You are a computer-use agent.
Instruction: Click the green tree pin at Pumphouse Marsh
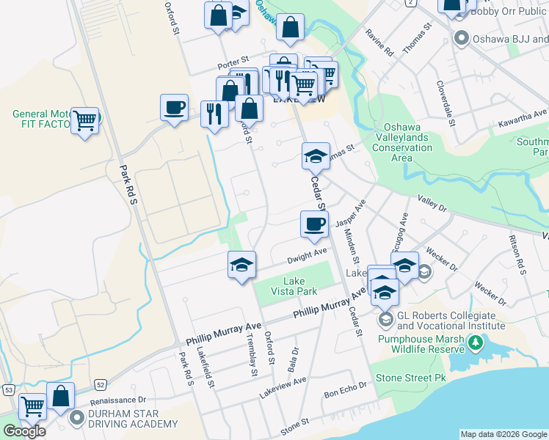[x=476, y=342]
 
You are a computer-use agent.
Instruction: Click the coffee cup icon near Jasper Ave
[x=314, y=224]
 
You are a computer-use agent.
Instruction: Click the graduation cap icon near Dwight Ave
[x=241, y=265]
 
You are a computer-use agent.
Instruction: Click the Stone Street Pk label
[x=411, y=378]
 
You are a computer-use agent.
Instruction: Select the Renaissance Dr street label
[x=118, y=400]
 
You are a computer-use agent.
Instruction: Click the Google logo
[x=24, y=431]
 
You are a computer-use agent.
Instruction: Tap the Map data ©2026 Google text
[x=503, y=434]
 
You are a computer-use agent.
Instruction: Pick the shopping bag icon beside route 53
[x=60, y=397]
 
